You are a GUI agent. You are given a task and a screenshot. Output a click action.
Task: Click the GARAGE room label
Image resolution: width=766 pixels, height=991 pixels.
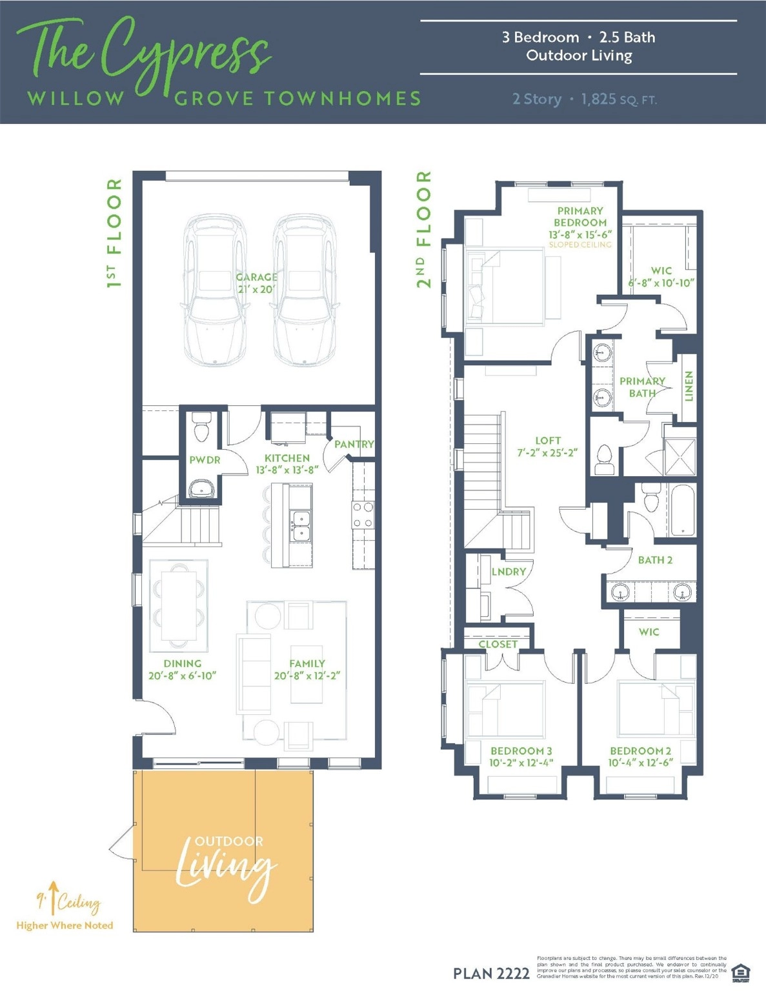tap(256, 277)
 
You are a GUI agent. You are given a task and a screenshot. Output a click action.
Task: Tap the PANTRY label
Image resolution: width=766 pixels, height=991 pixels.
tap(354, 444)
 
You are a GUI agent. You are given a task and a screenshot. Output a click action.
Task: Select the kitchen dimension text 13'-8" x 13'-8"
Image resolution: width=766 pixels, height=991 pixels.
tap(287, 470)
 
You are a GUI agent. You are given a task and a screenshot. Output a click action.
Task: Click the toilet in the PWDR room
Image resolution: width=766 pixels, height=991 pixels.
tap(201, 428)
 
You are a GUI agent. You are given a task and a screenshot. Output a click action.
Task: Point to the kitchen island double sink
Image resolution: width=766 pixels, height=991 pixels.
tap(300, 526)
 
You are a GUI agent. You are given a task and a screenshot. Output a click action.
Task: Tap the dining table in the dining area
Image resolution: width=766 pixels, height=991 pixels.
tap(179, 605)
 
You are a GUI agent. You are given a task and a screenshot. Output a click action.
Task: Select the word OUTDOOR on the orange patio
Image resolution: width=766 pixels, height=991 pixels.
tap(229, 841)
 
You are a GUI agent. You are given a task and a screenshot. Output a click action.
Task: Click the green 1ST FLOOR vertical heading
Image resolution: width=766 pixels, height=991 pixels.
tap(114, 233)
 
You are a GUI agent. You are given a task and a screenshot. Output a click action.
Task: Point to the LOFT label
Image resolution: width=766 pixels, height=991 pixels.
tap(547, 441)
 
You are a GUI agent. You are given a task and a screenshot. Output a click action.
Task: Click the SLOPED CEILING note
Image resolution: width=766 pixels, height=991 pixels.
tap(580, 245)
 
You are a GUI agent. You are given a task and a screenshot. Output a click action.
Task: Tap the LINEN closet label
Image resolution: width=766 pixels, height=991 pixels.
tap(689, 386)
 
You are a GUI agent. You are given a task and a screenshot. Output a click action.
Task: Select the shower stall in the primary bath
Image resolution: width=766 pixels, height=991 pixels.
tap(680, 457)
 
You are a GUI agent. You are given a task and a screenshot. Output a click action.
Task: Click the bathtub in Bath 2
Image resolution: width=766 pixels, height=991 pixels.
tap(682, 510)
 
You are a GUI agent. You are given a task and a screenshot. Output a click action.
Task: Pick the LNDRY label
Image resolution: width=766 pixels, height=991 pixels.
tap(509, 572)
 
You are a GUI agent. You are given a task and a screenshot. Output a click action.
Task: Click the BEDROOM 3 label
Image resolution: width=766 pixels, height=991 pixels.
tap(521, 751)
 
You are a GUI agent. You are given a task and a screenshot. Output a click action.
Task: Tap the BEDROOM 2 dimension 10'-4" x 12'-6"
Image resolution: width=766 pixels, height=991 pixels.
tap(640, 763)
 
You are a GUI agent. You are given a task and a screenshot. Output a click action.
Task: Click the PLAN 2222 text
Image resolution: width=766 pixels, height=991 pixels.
tap(491, 973)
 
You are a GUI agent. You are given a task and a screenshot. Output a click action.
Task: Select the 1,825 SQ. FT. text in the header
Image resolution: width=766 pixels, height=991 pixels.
tap(618, 99)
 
